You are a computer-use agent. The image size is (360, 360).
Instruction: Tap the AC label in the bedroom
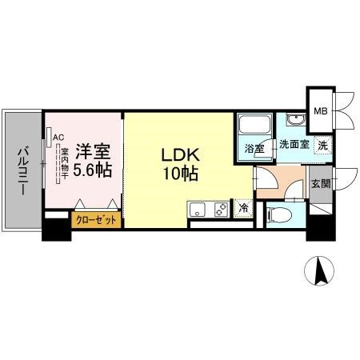coord(58,137)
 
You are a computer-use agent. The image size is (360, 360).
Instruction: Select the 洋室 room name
coord(93,151)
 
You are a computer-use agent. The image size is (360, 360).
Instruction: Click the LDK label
coord(181,154)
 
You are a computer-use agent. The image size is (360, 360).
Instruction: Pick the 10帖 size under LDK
coord(181,173)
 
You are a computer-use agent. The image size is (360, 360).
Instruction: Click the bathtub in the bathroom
coord(254,126)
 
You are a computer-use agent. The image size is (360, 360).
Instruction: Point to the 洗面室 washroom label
coord(293,146)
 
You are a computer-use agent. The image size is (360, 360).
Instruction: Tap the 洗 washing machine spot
coord(322,146)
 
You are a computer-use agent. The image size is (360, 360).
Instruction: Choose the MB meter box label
coord(320,111)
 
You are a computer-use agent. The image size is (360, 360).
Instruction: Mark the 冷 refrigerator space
coord(244,208)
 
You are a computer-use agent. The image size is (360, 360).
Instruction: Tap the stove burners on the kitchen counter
coord(219,210)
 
